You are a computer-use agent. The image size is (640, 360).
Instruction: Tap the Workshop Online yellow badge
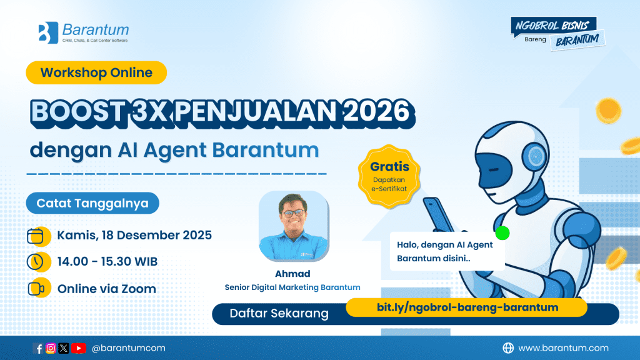(96, 72)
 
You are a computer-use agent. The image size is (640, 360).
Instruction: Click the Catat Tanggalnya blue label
(92, 203)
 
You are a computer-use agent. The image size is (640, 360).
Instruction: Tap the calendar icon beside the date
(36, 236)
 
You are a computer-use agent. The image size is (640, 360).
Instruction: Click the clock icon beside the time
(36, 262)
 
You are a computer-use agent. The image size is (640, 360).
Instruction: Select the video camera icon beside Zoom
(36, 289)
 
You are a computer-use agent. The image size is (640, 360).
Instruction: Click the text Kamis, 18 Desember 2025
(134, 236)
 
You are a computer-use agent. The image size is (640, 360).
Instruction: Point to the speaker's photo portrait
(293, 226)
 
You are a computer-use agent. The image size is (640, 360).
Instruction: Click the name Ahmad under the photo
(292, 274)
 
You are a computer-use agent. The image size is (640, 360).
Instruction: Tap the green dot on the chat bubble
(502, 233)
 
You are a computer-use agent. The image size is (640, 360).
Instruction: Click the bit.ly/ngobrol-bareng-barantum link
(467, 307)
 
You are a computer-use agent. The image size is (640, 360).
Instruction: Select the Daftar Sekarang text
(279, 314)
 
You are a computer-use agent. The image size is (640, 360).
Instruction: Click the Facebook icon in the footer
(38, 348)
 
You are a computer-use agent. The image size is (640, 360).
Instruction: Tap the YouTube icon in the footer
(78, 348)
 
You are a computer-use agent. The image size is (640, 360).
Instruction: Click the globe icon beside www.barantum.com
(509, 348)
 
